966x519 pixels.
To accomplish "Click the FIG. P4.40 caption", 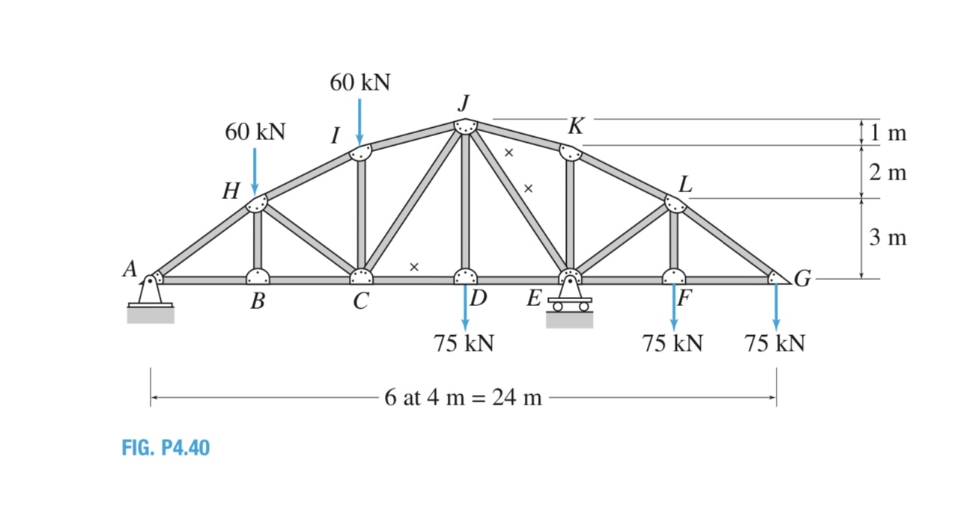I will pos(165,448).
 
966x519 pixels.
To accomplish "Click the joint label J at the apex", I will pos(466,102).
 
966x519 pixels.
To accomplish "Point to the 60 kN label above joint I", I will pos(360,82).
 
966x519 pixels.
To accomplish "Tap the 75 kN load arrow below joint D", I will pos(465,307).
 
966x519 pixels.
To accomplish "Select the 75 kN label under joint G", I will pos(775,344).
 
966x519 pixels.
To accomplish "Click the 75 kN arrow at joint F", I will pos(674,307).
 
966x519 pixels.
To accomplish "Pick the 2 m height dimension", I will pos(888,173).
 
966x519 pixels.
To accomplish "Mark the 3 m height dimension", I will pos(888,239).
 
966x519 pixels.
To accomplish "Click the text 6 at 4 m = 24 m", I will pos(463,397).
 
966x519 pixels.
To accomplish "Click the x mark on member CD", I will pos(413,266).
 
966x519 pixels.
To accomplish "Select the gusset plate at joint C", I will pos(361,276).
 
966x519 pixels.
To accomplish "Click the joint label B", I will pos(258,301).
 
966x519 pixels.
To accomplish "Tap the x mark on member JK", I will pos(508,153).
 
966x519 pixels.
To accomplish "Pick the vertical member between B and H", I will pos(257,239).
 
